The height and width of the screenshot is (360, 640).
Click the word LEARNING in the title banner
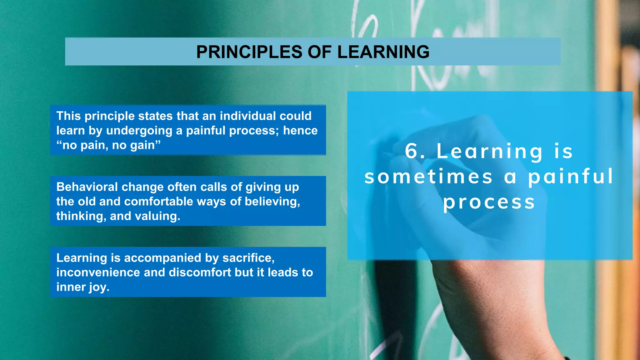pyautogui.click(x=383, y=52)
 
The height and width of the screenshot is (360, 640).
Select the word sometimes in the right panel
pyautogui.click(x=428, y=177)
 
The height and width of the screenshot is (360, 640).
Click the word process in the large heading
pyautogui.click(x=489, y=202)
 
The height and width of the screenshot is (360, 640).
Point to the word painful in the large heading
pyautogui.click(x=571, y=177)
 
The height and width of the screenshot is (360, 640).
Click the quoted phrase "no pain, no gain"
pyautogui.click(x=108, y=145)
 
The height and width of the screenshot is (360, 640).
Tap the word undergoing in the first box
pyautogui.click(x=139, y=131)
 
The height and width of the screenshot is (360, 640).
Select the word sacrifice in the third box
pyautogui.click(x=248, y=258)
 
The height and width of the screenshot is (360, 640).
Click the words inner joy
pyautogui.click(x=83, y=287)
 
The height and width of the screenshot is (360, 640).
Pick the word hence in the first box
pyautogui.click(x=300, y=131)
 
